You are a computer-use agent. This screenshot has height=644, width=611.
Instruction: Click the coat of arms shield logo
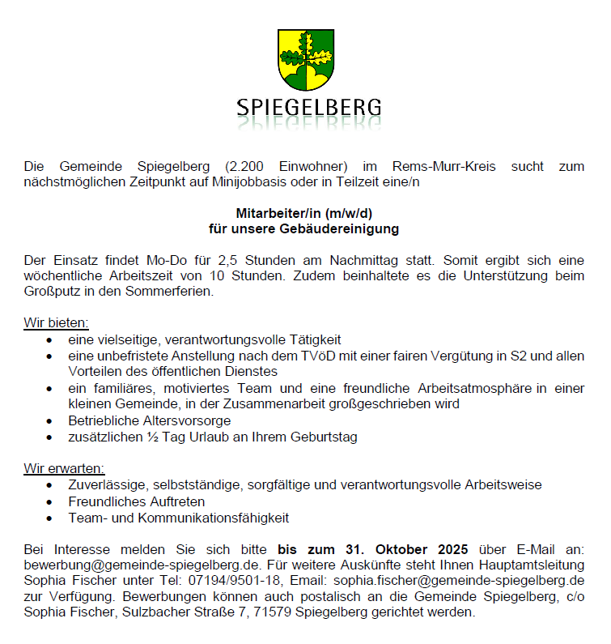pyautogui.click(x=306, y=60)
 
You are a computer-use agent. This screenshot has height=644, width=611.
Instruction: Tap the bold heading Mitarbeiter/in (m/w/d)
pyautogui.click(x=304, y=214)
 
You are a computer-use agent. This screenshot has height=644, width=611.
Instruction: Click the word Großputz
pyautogui.click(x=49, y=292)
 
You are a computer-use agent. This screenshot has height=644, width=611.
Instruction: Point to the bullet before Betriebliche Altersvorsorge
pyautogui.click(x=50, y=421)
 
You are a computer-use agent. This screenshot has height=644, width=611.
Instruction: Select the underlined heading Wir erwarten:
pyautogui.click(x=65, y=469)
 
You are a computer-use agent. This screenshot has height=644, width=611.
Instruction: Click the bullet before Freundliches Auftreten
pyautogui.click(x=50, y=501)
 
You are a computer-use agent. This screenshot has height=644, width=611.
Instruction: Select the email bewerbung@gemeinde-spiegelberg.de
pyautogui.click(x=142, y=565)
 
